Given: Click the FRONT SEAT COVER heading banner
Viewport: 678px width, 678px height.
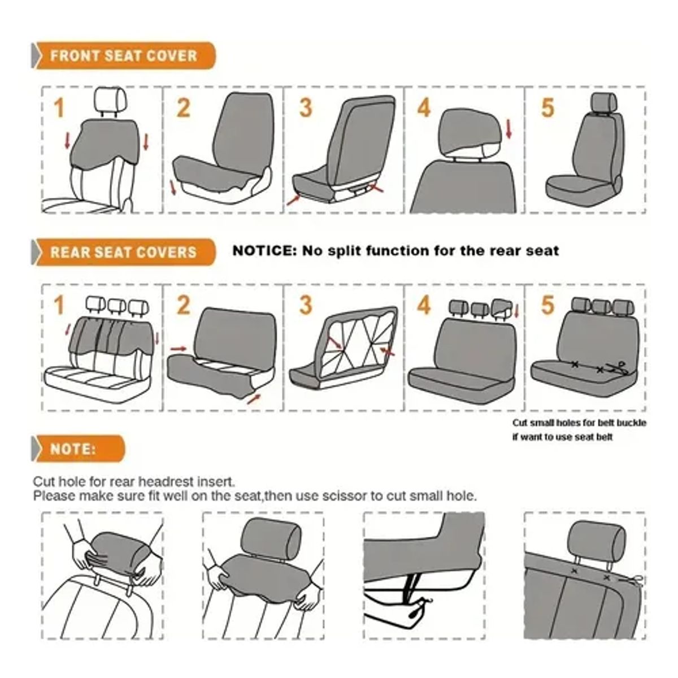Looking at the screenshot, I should pyautogui.click(x=123, y=56).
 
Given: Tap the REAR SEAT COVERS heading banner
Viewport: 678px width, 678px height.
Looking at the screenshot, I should pyautogui.click(x=123, y=251).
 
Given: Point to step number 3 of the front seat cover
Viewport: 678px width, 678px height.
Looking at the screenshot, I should pyautogui.click(x=305, y=107).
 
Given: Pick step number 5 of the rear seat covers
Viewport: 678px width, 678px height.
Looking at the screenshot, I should pyautogui.click(x=547, y=305).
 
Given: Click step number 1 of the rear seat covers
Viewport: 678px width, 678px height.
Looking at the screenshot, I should pyautogui.click(x=59, y=306).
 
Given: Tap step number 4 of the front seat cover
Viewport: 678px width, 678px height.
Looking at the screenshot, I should pyautogui.click(x=424, y=107).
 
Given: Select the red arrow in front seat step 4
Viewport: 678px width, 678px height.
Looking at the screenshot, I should pyautogui.click(x=509, y=128).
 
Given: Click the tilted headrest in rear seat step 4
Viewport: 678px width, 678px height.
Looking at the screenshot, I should pyautogui.click(x=502, y=308).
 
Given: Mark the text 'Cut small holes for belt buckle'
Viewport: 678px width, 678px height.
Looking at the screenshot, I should pyautogui.click(x=579, y=423).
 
